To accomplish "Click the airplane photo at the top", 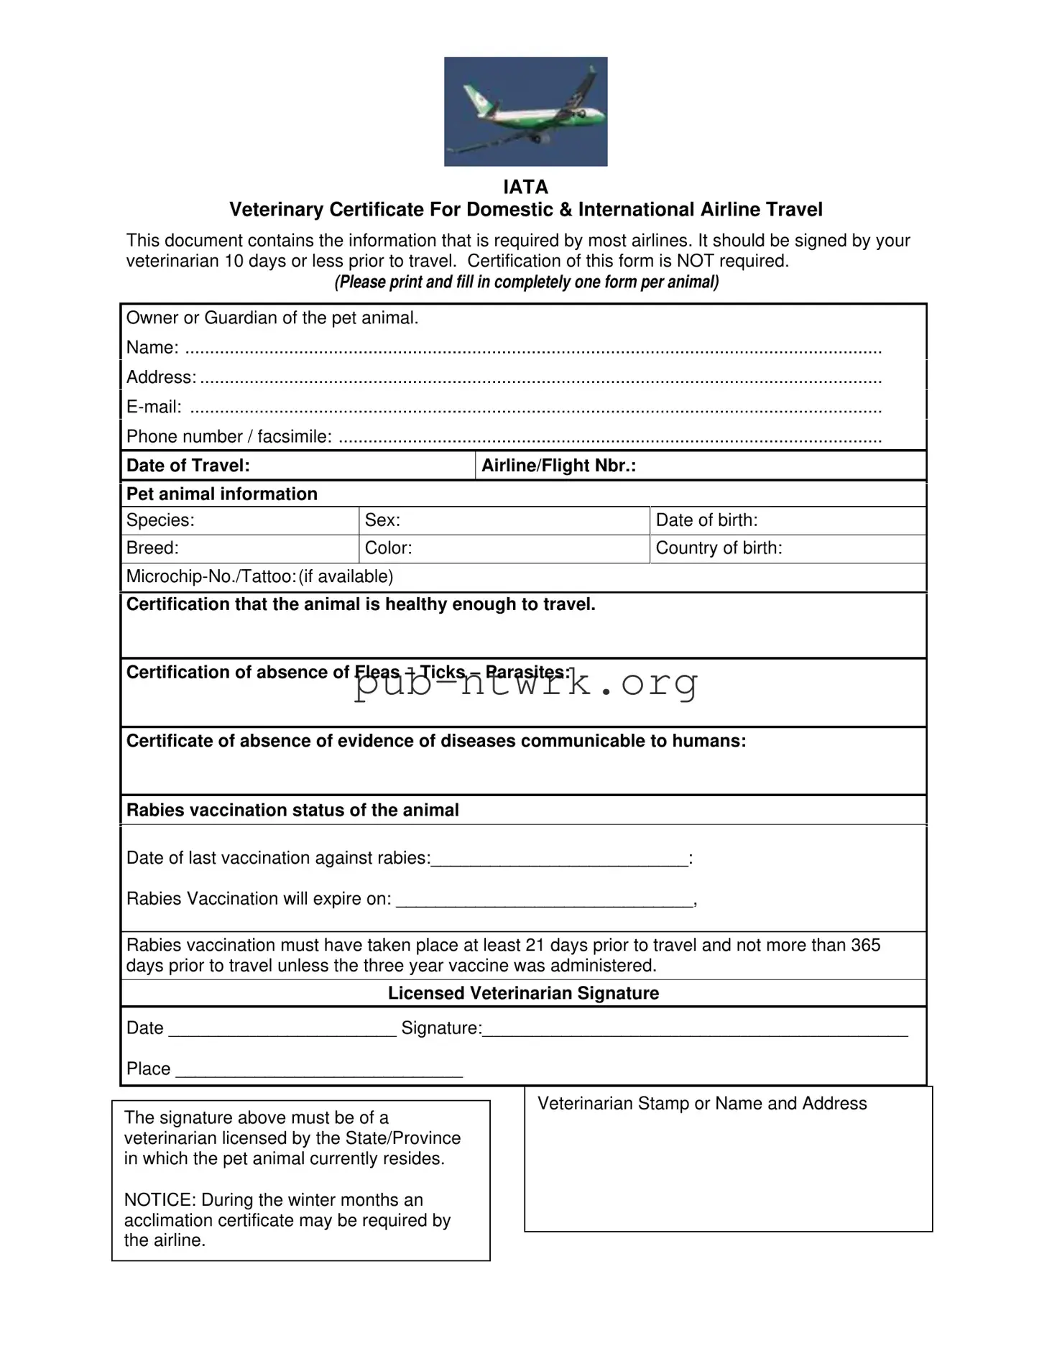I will (x=525, y=111).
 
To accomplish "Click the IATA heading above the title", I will (x=525, y=187).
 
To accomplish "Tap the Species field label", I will (x=160, y=520).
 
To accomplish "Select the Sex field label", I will (x=382, y=520).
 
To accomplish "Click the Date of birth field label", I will (x=706, y=520).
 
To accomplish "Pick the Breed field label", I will (x=152, y=548).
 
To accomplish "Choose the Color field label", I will (x=388, y=548).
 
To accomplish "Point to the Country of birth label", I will (x=719, y=548).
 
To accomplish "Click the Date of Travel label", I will (x=188, y=466).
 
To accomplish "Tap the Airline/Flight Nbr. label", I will (x=558, y=466).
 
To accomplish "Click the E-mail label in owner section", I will (x=154, y=407).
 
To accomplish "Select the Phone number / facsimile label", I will (x=229, y=437).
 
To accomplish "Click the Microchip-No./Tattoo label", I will (x=211, y=576).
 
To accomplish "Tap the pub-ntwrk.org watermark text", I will (x=525, y=683).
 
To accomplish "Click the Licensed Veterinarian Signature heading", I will (x=523, y=993).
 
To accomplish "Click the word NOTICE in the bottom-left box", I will (x=160, y=1200).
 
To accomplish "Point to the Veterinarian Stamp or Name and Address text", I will (x=702, y=1104).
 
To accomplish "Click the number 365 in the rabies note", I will (x=865, y=945).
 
